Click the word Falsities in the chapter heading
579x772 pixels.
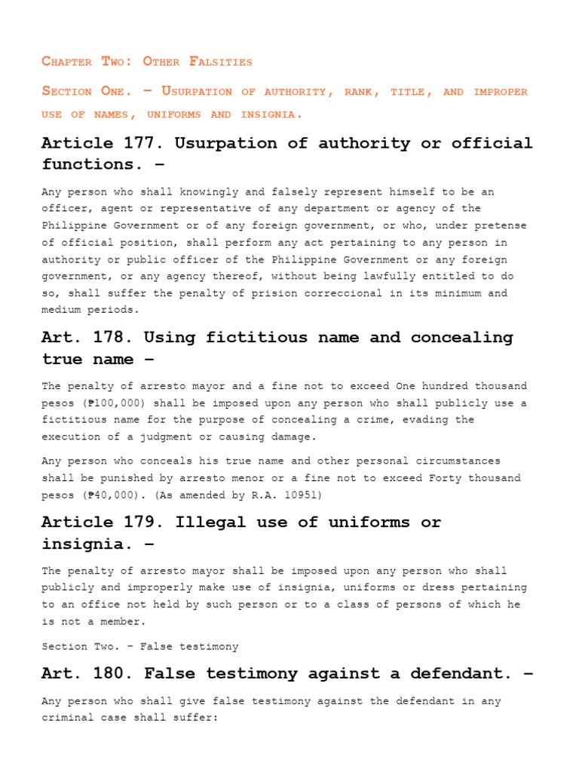click(222, 62)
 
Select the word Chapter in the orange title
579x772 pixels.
click(66, 62)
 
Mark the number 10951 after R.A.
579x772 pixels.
click(301, 495)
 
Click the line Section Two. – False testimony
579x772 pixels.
click(140, 646)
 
